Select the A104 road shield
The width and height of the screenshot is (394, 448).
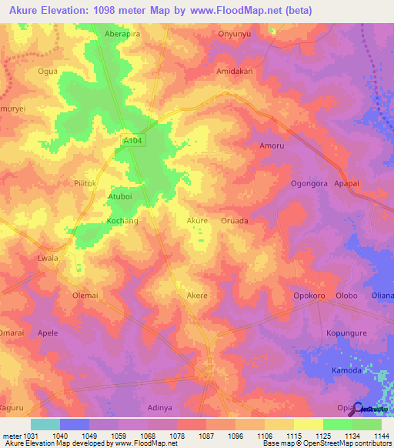coord(133,141)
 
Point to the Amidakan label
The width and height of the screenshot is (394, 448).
coord(235,70)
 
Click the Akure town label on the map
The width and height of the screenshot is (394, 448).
coord(198,221)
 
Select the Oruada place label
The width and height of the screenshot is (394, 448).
coord(235,221)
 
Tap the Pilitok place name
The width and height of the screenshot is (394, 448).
coord(85,184)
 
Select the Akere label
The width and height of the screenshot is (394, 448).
coord(198,295)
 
